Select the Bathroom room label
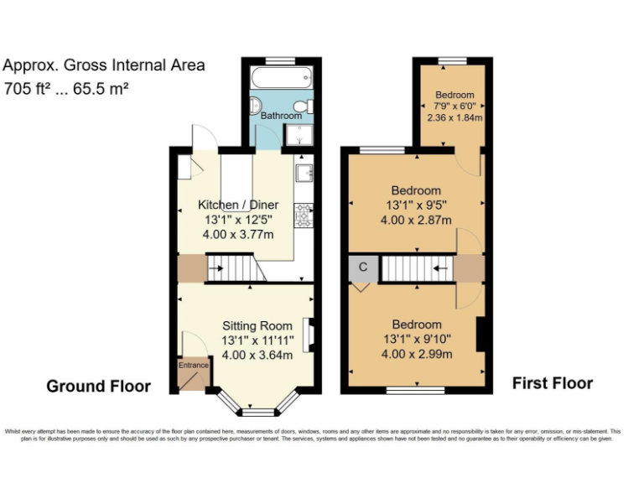click(x=280, y=116)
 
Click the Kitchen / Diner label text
click(x=238, y=205)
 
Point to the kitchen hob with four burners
click(x=303, y=216)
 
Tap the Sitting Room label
click(x=257, y=325)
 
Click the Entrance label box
click(x=193, y=365)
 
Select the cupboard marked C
click(x=363, y=267)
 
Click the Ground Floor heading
click(x=98, y=386)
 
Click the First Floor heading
click(x=553, y=383)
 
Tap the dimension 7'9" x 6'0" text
click(x=454, y=106)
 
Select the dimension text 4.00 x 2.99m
click(x=417, y=354)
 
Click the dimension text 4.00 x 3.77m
click(x=238, y=235)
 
